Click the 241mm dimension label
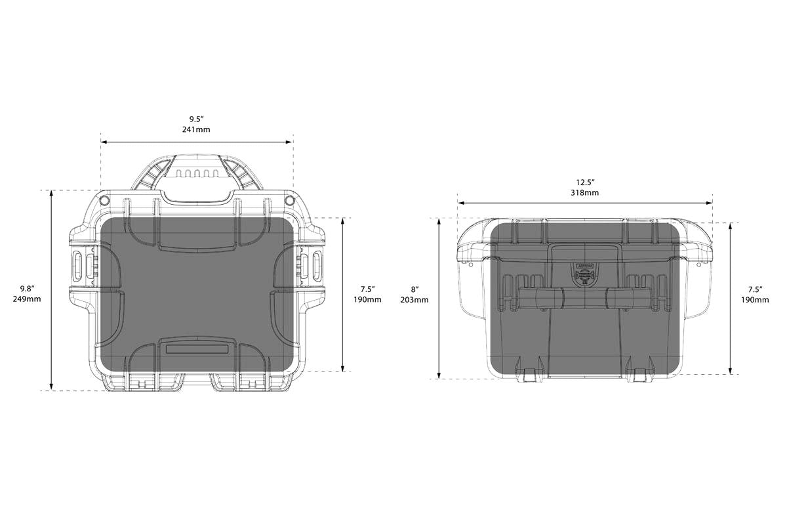tap(196, 129)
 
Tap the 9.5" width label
tap(197, 119)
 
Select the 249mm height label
tap(27, 299)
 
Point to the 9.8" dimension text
tap(27, 289)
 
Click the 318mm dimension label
tap(584, 193)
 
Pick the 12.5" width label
tap(585, 182)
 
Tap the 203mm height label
tap(414, 300)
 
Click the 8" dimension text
tap(415, 290)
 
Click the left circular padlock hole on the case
tap(104, 200)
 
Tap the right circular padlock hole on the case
tap(289, 201)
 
